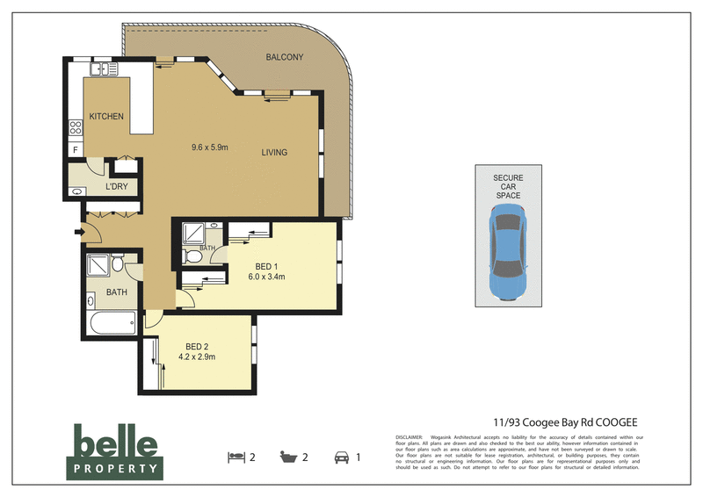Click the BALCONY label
point(284,58)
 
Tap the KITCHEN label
point(105,116)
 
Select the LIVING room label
point(274,152)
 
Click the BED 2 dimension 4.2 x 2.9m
point(197,357)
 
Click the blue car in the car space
point(507,255)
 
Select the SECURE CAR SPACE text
point(507,186)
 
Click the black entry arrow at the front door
point(78,232)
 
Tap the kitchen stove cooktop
point(76,133)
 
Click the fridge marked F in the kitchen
point(76,151)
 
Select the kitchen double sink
point(103,68)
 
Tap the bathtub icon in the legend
point(287,456)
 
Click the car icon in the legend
point(339,456)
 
